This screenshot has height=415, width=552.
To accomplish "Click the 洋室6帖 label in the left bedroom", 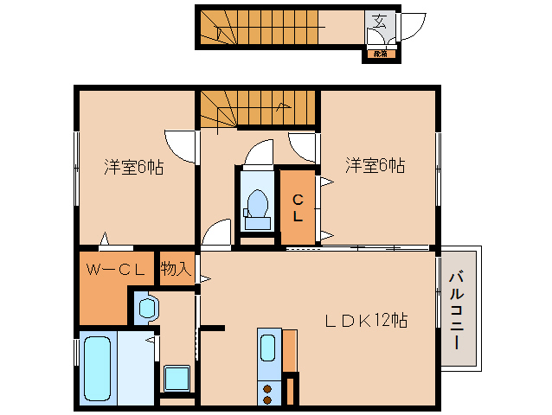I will [134, 167].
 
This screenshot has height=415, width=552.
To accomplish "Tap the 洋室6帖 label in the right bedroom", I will [375, 164].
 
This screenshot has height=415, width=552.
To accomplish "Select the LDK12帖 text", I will [366, 320].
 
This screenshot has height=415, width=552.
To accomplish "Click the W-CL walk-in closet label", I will [113, 269].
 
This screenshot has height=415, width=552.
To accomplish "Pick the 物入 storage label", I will [176, 269].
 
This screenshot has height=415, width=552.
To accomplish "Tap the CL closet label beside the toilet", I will [297, 207].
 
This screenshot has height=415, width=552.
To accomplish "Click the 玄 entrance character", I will [379, 22].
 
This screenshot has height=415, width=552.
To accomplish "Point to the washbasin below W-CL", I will [146, 307].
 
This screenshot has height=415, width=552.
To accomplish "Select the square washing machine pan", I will [177, 378].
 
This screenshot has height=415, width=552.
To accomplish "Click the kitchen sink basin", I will [268, 348].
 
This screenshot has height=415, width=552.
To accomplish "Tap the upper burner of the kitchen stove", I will [267, 387].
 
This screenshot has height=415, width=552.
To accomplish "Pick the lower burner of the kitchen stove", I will [267, 399].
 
